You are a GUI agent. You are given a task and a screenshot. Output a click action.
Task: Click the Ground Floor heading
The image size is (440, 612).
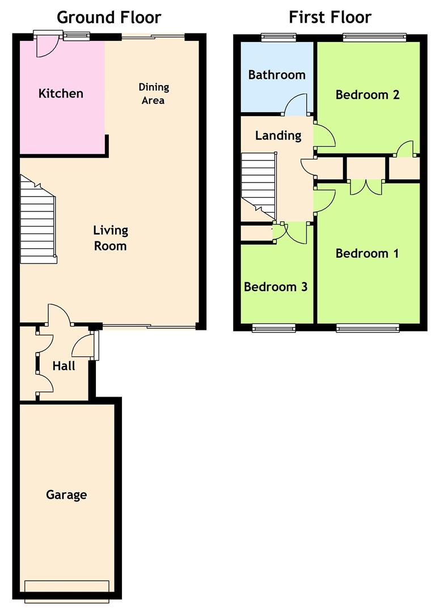109,18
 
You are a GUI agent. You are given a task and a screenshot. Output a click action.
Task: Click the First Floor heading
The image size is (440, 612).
330,18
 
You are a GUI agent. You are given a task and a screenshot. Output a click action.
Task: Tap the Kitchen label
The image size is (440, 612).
61,93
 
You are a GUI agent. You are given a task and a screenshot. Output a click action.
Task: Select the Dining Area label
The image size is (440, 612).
154,93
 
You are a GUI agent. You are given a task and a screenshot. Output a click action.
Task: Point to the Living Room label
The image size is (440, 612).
111,238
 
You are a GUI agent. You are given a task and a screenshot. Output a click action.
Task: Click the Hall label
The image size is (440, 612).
64,365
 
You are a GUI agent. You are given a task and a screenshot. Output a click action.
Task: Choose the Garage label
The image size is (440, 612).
66,495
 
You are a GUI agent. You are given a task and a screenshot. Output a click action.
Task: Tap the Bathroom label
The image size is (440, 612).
277,75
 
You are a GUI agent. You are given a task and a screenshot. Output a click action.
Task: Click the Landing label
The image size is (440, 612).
278,136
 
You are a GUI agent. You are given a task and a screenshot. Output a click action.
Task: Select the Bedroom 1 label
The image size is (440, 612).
367,253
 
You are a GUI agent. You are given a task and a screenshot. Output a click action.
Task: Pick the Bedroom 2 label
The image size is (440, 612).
367,95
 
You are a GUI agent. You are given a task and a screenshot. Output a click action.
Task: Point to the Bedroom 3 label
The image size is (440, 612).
276,287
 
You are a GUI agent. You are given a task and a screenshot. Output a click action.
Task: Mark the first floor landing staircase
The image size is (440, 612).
259,185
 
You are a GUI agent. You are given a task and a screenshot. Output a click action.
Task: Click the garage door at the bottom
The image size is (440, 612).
67,591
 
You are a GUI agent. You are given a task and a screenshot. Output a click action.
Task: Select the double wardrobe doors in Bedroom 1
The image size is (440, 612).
366,187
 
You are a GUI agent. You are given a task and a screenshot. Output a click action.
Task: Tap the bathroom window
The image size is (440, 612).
278,37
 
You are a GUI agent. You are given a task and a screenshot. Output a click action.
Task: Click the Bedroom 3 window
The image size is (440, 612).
274,328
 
